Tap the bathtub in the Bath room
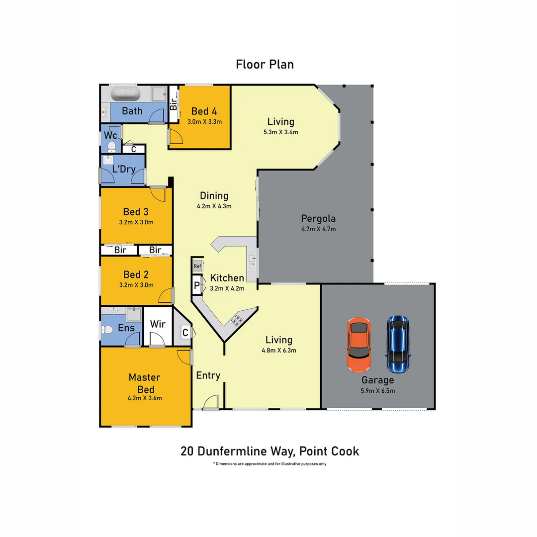click(125, 93)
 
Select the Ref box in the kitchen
click(197, 267)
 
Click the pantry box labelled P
click(197, 286)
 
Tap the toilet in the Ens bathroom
click(106, 329)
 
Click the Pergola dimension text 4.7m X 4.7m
click(318, 229)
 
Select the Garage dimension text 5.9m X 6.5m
click(378, 391)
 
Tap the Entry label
click(208, 375)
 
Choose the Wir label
click(158, 324)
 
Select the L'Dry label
click(124, 169)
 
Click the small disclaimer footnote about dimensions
click(269, 464)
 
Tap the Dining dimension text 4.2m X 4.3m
click(214, 206)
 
